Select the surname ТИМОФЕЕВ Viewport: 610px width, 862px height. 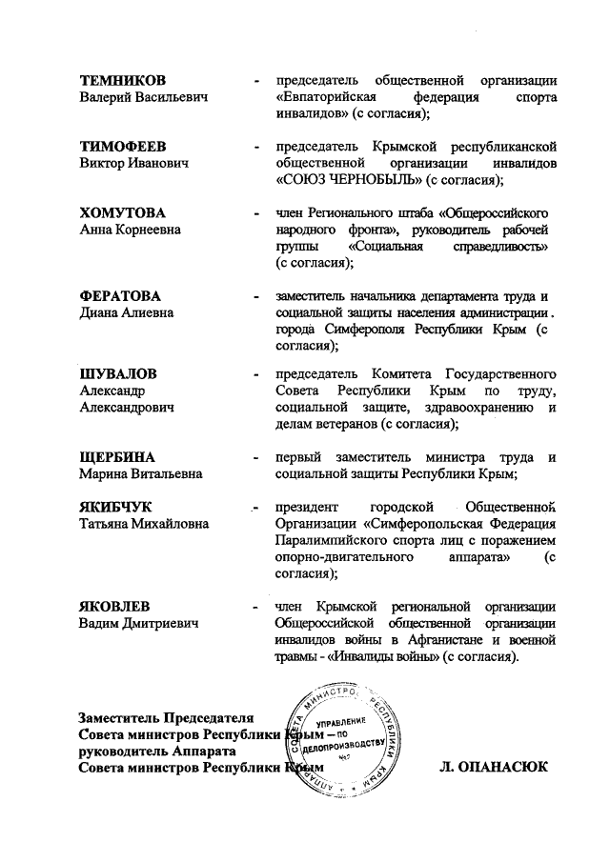pos(123,147)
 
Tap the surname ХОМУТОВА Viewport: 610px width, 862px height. pos(122,212)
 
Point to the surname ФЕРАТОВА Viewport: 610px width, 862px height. pos(120,296)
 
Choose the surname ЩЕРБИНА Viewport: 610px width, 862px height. pos(117,457)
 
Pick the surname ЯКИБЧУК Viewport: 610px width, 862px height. pos(115,507)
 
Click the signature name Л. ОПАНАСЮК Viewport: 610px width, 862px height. pos(494,765)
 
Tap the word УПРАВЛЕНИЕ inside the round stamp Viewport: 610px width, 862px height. pos(340,725)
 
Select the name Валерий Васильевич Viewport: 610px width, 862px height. pos(144,97)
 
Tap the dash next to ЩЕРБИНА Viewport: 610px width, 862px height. pos(254,458)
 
